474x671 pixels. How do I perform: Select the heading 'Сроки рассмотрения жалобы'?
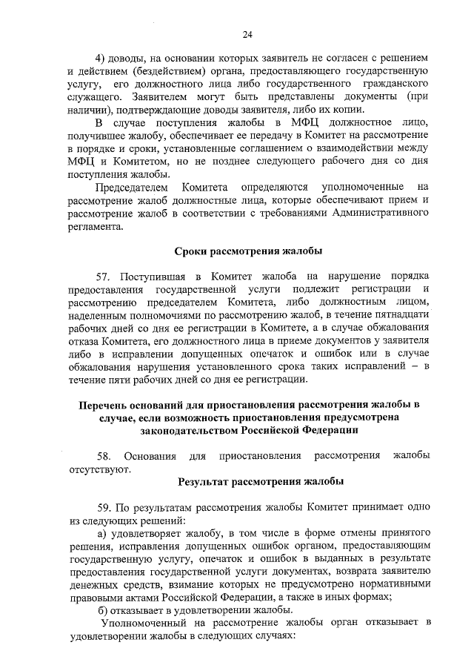click(x=248, y=250)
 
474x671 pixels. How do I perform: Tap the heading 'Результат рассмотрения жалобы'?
click(x=261, y=482)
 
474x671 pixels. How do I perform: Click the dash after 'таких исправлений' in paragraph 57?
click(x=415, y=367)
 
